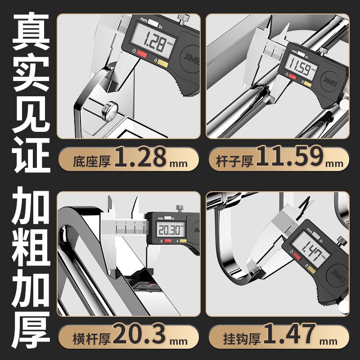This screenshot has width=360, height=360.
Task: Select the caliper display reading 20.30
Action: point(171,229)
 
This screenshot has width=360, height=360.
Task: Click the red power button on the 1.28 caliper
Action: point(142,54)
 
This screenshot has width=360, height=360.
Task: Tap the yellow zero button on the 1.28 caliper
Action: point(163,63)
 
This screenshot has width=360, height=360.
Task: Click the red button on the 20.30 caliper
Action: point(167,241)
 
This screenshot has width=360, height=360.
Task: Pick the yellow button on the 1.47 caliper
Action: point(311,270)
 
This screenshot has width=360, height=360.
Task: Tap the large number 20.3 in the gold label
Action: point(139,333)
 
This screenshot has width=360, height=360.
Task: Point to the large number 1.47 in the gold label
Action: point(290,333)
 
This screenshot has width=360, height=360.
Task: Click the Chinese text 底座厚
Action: point(92,161)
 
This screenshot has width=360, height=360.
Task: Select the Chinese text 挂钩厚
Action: point(242,338)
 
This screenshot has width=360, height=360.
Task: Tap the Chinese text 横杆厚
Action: point(92,338)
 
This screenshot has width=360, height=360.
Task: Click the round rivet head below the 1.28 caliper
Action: point(110,111)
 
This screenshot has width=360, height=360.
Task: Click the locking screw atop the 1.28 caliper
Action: point(184,19)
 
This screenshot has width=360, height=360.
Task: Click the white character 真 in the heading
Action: point(31,31)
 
